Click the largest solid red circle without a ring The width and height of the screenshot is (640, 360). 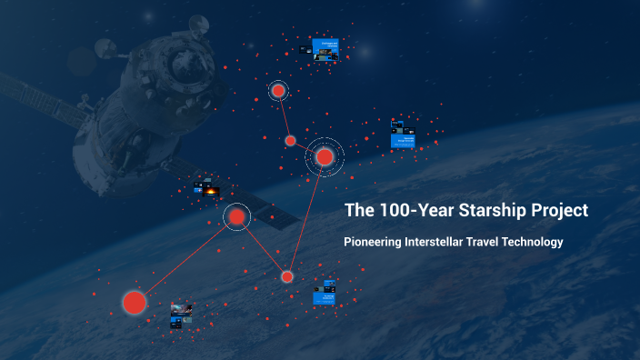pyautogui.click(x=135, y=302)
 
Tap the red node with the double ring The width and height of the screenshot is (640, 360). pyautogui.click(x=325, y=157)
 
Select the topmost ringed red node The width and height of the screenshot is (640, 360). pyautogui.click(x=278, y=90)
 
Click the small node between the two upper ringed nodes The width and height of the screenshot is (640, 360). pyautogui.click(x=291, y=140)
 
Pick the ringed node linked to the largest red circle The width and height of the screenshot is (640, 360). pyautogui.click(x=236, y=216)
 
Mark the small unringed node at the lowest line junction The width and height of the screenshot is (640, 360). pyautogui.click(x=287, y=276)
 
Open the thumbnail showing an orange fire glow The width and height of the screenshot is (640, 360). pyautogui.click(x=208, y=191)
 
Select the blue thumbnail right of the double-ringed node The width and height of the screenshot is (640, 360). pyautogui.click(x=403, y=135)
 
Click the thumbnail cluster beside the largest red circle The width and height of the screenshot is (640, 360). pyautogui.click(x=181, y=315)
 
